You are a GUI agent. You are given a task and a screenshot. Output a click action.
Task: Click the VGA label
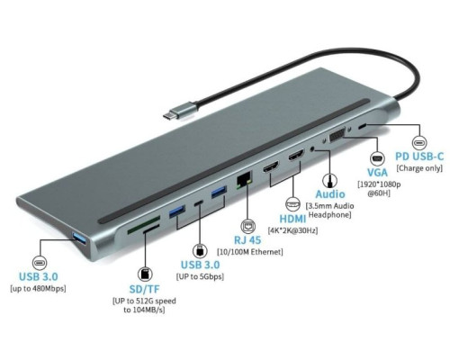tap(377, 172)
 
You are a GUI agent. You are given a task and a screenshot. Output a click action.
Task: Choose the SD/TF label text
tap(145, 289)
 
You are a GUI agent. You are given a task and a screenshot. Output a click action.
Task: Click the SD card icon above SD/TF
tap(145, 270)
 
